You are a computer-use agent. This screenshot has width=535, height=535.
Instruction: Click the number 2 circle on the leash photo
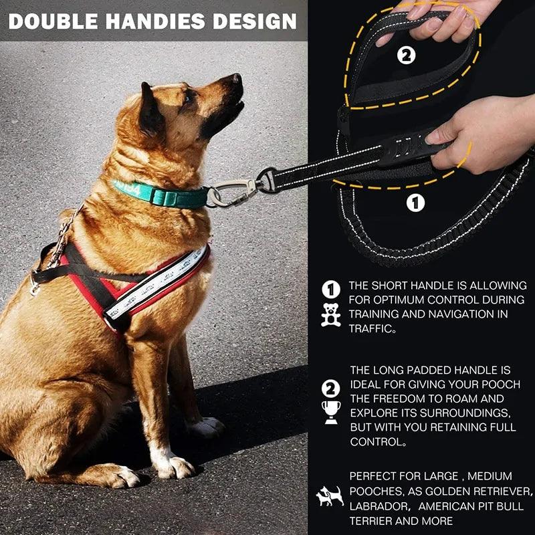pos(406,56)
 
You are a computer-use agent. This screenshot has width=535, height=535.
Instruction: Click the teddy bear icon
pos(330,314)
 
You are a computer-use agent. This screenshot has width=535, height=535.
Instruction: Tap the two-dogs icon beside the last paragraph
pos(330,496)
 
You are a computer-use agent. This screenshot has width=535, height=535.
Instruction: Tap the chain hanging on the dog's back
pos(64,234)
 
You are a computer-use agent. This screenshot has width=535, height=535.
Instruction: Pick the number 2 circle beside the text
pos(330,388)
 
